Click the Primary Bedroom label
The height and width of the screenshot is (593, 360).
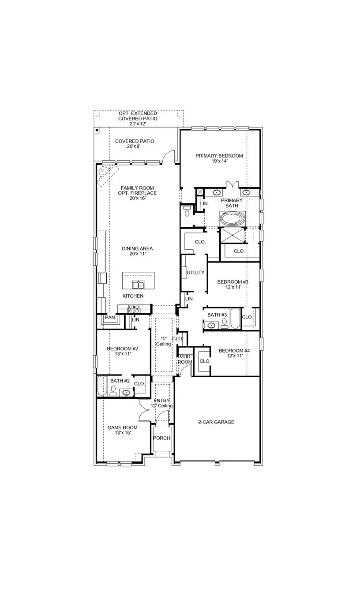tap(219, 158)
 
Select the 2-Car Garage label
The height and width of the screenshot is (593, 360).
tap(216, 422)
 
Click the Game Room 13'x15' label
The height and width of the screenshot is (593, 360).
tap(122, 430)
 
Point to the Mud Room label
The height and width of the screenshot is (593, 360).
tap(185, 359)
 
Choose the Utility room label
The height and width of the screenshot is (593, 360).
tap(195, 273)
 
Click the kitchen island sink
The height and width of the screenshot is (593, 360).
tap(139, 284)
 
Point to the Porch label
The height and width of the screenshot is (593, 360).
tap(161, 438)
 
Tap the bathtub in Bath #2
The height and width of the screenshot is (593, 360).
tap(102, 387)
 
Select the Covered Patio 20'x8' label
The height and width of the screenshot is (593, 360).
tap(135, 144)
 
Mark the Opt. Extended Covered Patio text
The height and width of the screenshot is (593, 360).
tap(138, 119)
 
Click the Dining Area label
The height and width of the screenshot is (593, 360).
tap(137, 251)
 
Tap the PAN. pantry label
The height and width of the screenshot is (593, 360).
tap(109, 318)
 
